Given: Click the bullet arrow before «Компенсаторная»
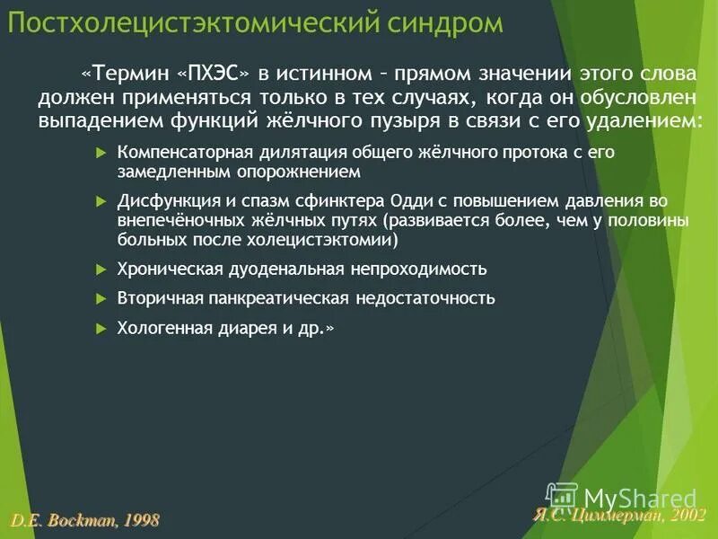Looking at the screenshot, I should coord(101,153).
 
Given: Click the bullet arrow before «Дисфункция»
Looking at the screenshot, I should coord(101,201).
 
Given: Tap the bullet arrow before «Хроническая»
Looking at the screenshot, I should coord(101,269).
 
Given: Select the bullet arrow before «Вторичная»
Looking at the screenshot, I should coord(101,298).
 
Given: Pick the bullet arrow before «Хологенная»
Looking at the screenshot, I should coord(101,329).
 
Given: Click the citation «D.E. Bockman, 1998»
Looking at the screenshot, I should coord(85,519).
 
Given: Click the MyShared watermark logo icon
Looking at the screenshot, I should coord(562,496).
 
